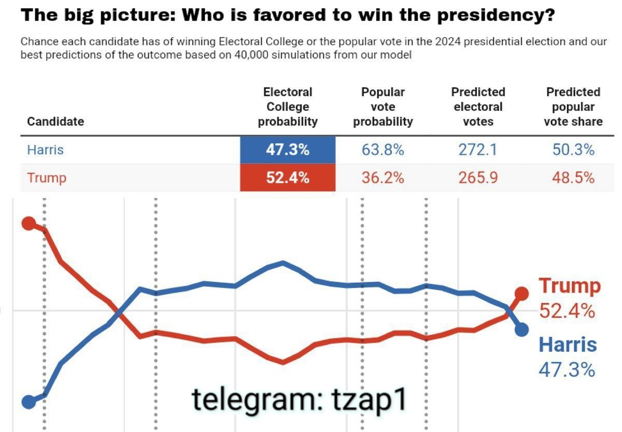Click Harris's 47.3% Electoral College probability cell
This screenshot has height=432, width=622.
pos(288,150)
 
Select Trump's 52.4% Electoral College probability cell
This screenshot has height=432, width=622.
pos(288,178)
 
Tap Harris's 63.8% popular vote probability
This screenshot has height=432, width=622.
pos(383,150)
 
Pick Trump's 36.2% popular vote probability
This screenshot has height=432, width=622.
pos(383,178)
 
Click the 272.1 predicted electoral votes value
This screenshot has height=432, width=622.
pos(477,150)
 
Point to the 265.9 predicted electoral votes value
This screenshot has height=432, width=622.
pos(477,178)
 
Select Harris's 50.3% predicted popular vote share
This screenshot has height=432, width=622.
pos(573,150)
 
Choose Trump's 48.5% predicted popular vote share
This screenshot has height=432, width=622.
pos(573,178)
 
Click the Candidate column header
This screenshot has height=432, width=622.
pos(55,122)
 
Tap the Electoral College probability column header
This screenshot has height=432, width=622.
pos(288,107)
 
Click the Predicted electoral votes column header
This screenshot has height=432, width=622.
pos(477,107)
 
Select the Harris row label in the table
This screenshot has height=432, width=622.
pos(45,150)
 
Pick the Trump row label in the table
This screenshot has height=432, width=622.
pos(47,178)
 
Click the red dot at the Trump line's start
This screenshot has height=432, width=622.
pos(29,224)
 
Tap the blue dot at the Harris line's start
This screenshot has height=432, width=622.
pos(29,401)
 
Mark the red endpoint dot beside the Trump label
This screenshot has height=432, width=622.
pos(521,294)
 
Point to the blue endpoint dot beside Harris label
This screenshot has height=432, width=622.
pos(521,329)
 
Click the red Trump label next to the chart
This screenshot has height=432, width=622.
pos(570,285)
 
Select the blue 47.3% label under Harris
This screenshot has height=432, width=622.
pos(567,370)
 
